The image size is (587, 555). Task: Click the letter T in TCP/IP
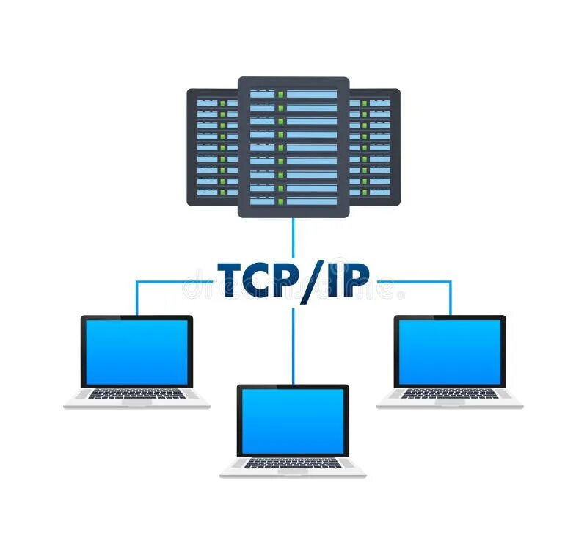(x=233, y=280)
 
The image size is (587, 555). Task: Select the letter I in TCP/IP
(x=335, y=280)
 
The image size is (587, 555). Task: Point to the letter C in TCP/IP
(x=262, y=280)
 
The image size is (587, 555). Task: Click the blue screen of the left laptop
(x=136, y=352)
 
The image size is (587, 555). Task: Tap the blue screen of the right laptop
(x=450, y=352)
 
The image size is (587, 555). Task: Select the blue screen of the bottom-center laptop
(x=293, y=421)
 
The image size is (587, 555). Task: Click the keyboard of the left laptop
(x=136, y=394)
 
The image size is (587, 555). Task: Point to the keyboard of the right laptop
(x=450, y=394)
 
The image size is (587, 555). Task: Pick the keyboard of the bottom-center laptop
(x=293, y=463)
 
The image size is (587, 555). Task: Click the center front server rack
(x=293, y=147)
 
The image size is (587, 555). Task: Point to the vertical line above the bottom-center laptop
(x=293, y=345)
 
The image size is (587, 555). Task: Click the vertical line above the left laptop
(x=136, y=297)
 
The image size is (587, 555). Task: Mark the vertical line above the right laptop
(x=450, y=297)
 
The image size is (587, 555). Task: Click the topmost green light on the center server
(x=280, y=95)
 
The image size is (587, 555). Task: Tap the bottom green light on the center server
(x=280, y=200)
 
